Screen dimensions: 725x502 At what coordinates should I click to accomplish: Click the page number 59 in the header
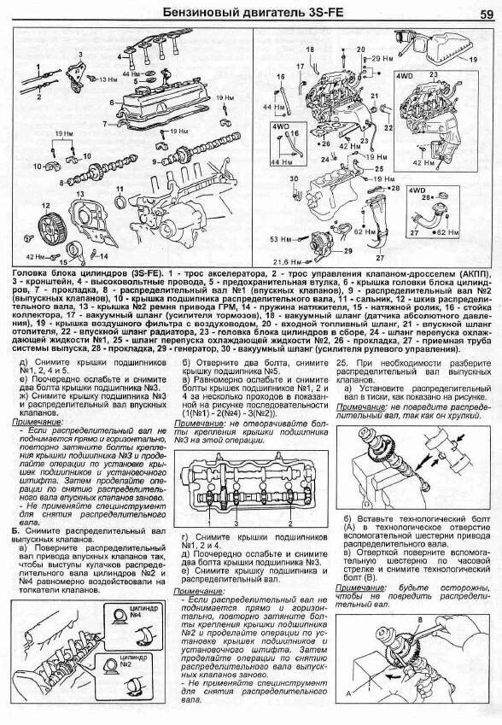coord(484,13)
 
